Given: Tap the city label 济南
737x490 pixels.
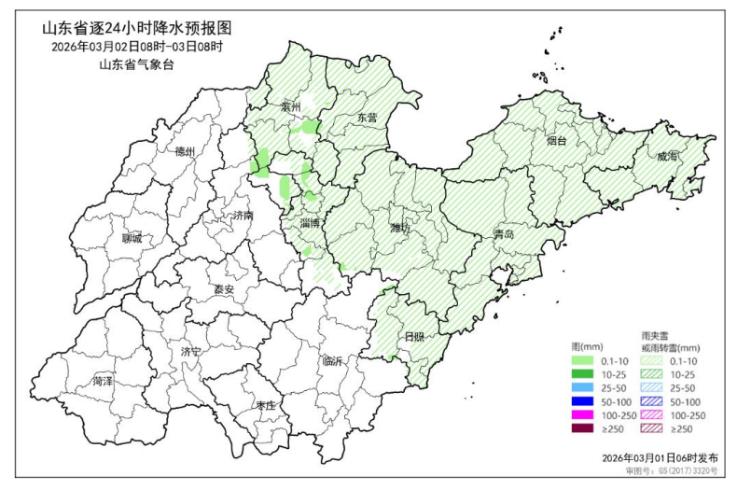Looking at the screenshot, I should pyautogui.click(x=243, y=215).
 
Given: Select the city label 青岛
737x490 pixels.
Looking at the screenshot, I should pyautogui.click(x=504, y=234).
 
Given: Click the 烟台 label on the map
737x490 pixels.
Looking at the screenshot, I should pyautogui.click(x=556, y=141).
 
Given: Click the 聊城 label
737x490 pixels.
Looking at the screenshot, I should pyautogui.click(x=132, y=238).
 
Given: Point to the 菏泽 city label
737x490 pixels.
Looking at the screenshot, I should pyautogui.click(x=103, y=381).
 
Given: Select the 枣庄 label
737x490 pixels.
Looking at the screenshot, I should pyautogui.click(x=265, y=406).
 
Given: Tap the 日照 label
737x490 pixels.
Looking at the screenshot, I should pyautogui.click(x=413, y=336).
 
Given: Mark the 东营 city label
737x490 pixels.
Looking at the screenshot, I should pyautogui.click(x=367, y=118).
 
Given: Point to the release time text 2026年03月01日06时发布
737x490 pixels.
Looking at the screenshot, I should pyautogui.click(x=660, y=459).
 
